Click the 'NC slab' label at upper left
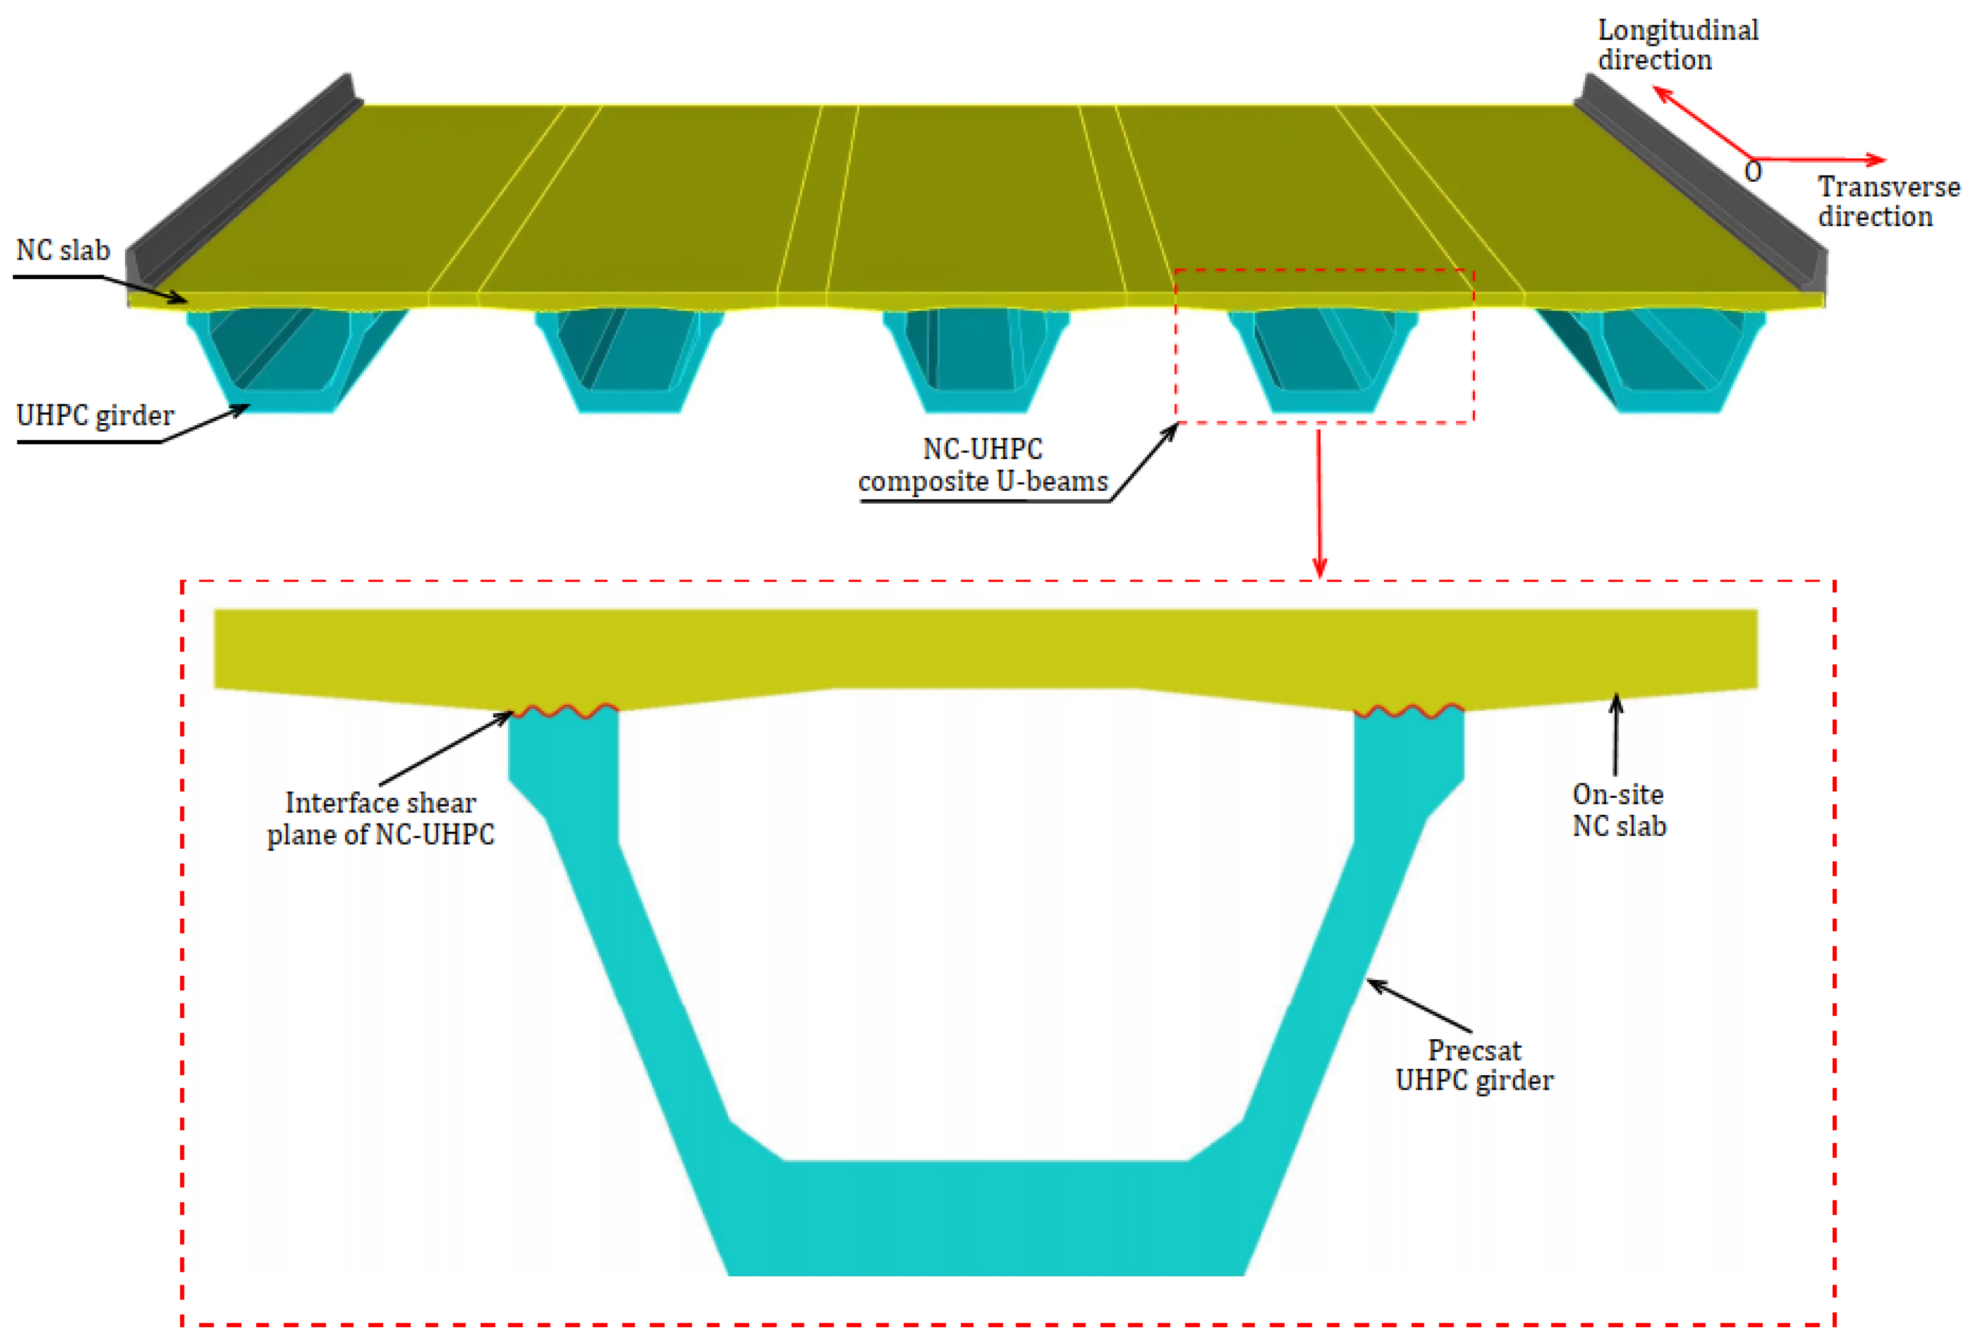63,251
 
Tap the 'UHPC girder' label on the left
94,416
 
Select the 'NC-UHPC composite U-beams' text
983,465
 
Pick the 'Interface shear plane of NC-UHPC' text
380,818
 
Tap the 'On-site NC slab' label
1618,810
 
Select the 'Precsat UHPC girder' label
1474,1065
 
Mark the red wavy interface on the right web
1409,711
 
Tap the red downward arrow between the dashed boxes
1319,502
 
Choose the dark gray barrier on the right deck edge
1703,179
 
